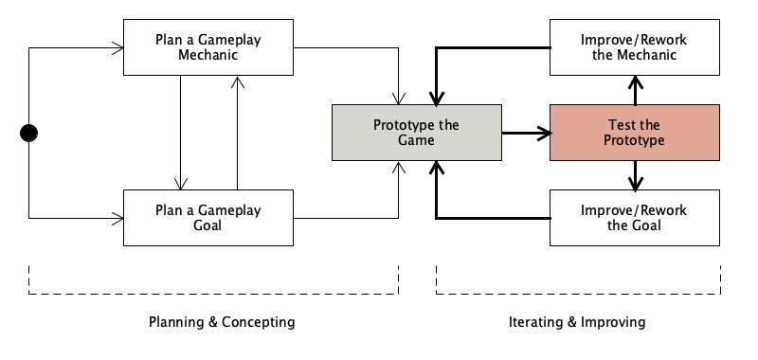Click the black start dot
[29, 133]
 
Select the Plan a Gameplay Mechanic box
[208, 47]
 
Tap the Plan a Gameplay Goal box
[208, 217]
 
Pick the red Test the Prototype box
[635, 133]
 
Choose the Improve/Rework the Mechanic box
[635, 47]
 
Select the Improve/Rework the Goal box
[635, 217]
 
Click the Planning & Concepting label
[222, 322]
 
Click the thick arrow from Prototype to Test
[526, 133]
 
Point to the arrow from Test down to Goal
[635, 175]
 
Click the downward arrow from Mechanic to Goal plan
[180, 133]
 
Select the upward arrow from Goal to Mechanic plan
[237, 133]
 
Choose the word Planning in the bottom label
[176, 322]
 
